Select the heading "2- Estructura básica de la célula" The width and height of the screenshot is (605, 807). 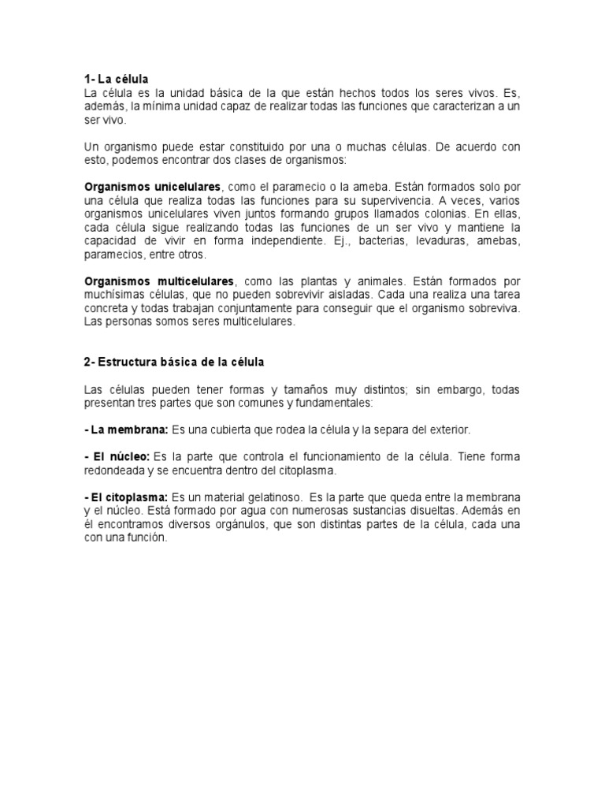point(175,362)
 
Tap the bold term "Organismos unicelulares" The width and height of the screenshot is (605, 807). point(153,187)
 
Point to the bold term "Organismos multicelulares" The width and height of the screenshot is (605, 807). point(158,281)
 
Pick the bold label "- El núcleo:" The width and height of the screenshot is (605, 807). point(117,457)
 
